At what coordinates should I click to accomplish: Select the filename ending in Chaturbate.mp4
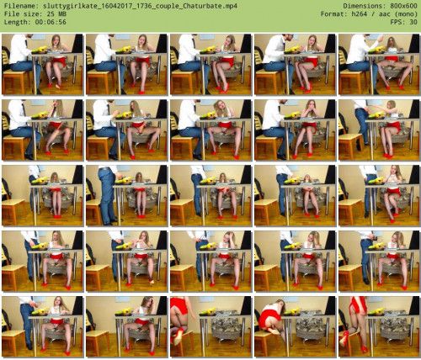tap(141, 6)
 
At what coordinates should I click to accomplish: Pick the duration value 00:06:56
tap(51, 22)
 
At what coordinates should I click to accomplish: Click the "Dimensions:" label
tap(361, 6)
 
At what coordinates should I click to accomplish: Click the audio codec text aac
tap(384, 14)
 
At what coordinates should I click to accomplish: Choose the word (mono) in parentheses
tap(405, 14)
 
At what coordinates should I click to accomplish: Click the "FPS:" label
tap(397, 22)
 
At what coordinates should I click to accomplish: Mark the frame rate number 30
tap(413, 22)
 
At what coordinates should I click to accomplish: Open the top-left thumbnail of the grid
tap(43, 64)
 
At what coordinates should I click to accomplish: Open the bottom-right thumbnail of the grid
tap(380, 326)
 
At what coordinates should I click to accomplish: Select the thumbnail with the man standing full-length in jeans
tap(127, 195)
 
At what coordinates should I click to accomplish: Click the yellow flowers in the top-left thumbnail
tap(40, 50)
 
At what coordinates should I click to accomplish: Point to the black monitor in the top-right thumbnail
tap(414, 44)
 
